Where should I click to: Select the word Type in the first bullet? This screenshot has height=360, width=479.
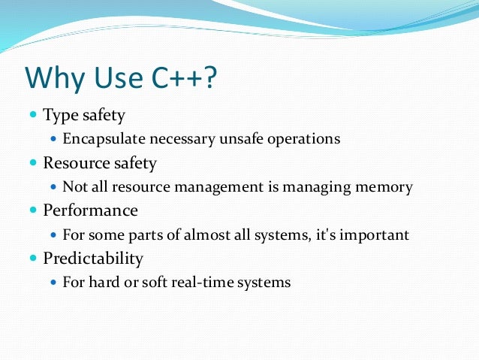59,116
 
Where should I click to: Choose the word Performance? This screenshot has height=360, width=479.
90,210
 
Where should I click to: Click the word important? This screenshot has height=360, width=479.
375,235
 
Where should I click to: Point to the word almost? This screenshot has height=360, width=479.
205,234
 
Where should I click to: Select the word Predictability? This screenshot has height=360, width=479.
93,259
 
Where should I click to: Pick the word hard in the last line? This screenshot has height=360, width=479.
100,283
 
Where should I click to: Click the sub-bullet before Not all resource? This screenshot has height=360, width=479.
53,187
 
